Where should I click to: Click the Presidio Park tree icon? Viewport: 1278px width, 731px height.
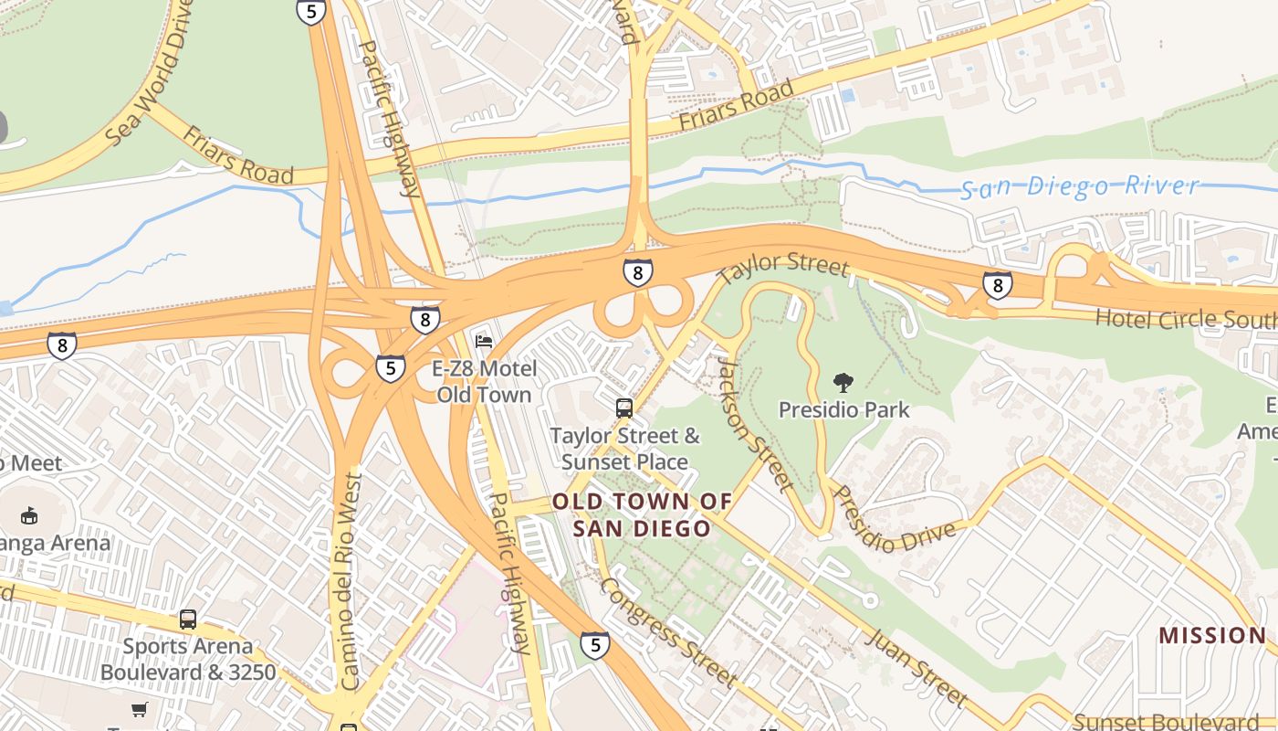point(843,383)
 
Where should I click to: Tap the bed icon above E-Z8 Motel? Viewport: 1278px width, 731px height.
point(484,342)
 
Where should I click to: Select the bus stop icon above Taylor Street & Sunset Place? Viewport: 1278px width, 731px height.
point(624,408)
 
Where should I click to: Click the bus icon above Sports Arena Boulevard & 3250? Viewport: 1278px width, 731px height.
point(188,620)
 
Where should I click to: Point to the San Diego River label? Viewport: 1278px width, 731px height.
point(1080,187)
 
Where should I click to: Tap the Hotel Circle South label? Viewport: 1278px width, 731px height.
point(1185,319)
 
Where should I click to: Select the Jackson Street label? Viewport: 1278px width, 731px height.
point(752,422)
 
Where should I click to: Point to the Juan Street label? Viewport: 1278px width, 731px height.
point(916,668)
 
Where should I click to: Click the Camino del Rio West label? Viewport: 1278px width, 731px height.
point(351,580)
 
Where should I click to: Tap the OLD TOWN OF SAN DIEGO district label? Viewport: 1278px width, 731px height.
point(642,514)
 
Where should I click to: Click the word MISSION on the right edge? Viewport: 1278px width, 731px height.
point(1212,635)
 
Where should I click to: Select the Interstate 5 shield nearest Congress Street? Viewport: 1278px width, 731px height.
point(594,645)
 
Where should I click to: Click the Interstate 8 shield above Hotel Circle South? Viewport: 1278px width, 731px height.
point(997,285)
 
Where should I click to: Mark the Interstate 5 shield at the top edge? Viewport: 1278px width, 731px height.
point(311,11)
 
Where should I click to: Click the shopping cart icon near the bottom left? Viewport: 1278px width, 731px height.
point(139,710)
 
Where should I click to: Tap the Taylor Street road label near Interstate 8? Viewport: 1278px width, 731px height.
point(782,267)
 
